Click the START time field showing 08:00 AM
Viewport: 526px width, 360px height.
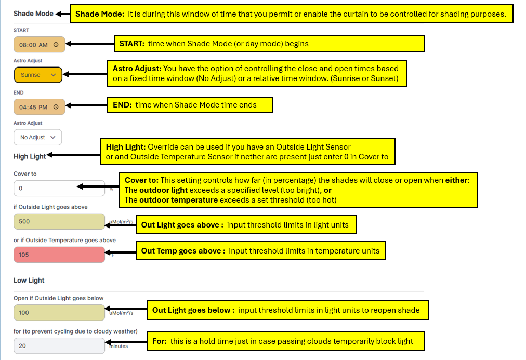pyautogui.click(x=34, y=45)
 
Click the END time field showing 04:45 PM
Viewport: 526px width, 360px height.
pyautogui.click(x=34, y=107)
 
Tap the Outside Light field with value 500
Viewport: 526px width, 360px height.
pyautogui.click(x=59, y=221)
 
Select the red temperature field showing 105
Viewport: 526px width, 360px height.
pyautogui.click(x=59, y=255)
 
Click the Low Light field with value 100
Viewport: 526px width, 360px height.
pyautogui.click(x=59, y=312)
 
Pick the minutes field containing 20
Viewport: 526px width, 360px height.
pyautogui.click(x=59, y=345)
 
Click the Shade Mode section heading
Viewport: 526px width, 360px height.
pyautogui.click(x=33, y=14)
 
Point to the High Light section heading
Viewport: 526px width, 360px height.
pyautogui.click(x=30, y=156)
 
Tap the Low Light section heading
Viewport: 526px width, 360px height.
pyautogui.click(x=29, y=280)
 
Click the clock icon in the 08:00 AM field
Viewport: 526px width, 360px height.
pyautogui.click(x=56, y=45)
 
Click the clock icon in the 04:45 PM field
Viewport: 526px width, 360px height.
pyautogui.click(x=56, y=107)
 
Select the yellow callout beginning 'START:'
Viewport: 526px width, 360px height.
pyautogui.click(x=269, y=44)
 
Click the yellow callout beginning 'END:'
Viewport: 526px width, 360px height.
pyautogui.click(x=189, y=105)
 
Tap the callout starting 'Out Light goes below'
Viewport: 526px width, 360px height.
pyautogui.click(x=287, y=310)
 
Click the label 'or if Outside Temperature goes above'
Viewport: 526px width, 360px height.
pyautogui.click(x=64, y=240)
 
